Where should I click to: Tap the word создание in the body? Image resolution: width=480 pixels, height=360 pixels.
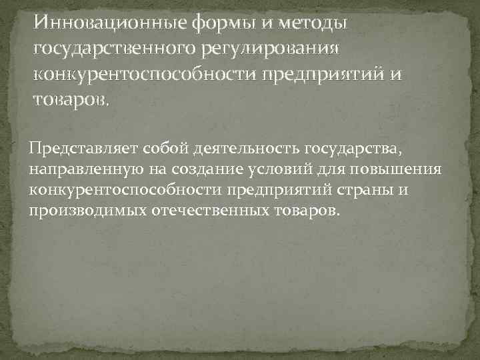click(187, 169)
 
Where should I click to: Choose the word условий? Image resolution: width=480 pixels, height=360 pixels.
click(267, 169)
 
